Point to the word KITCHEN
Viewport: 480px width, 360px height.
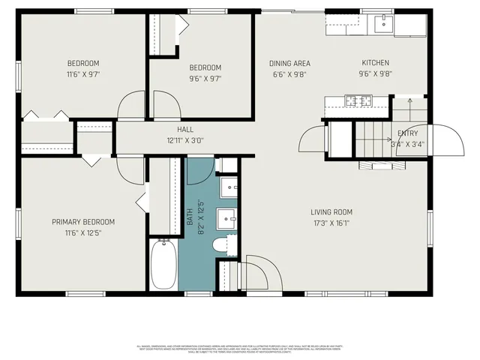coord(375,64)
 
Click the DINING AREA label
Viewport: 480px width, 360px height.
coord(289,64)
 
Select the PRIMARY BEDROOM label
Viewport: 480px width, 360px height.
coord(82,222)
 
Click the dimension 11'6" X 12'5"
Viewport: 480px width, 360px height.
coord(82,232)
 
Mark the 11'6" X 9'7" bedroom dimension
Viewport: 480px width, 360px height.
coord(82,74)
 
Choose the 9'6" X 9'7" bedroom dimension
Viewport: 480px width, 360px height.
coord(205,78)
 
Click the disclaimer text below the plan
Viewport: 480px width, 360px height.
coord(240,348)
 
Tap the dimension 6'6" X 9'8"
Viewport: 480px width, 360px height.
coord(289,74)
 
